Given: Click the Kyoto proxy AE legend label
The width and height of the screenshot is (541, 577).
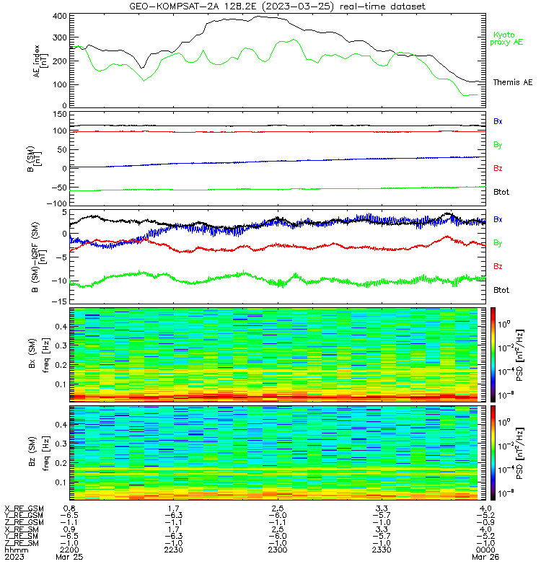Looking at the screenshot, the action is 506,39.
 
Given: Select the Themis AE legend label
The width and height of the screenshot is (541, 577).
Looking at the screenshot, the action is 513,82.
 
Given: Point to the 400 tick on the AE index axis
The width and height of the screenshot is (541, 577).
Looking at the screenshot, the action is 60,16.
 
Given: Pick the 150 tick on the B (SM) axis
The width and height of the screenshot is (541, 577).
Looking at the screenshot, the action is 61,115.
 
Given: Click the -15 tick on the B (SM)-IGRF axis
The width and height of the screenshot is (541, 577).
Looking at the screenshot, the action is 60,301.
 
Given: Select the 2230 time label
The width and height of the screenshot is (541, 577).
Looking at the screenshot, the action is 173,550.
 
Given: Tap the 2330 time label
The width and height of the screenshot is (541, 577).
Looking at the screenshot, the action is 382,550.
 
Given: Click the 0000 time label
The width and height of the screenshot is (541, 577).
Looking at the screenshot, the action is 485,550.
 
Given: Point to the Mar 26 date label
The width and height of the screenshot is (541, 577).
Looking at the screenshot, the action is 485,557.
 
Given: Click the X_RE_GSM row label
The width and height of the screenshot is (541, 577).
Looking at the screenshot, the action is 24,509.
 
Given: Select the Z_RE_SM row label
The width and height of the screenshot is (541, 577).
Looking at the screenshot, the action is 22,543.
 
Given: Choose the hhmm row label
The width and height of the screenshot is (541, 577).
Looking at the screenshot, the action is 16,550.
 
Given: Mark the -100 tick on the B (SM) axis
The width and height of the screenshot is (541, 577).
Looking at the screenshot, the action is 57,203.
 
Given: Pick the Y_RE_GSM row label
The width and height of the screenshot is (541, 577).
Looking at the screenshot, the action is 24,516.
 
